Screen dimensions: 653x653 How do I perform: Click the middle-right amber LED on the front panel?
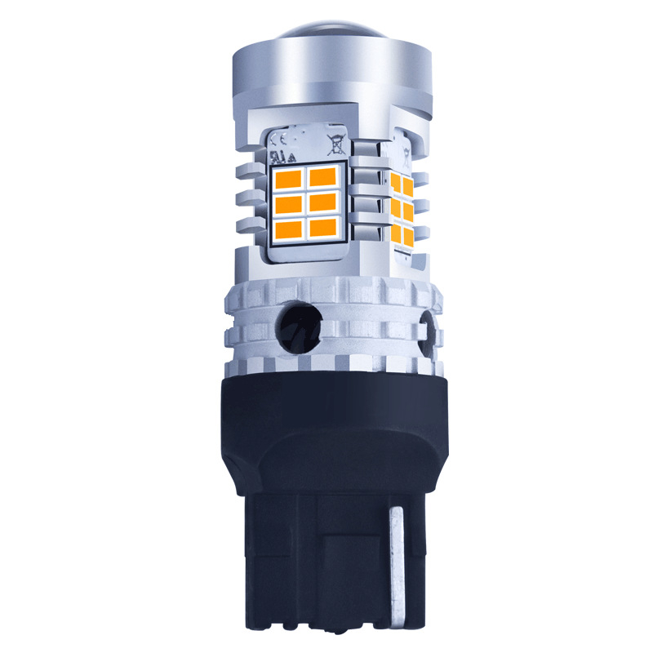click(x=325, y=202)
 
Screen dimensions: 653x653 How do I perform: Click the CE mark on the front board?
click(x=277, y=140)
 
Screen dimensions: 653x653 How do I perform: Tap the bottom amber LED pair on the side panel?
click(x=401, y=236)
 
